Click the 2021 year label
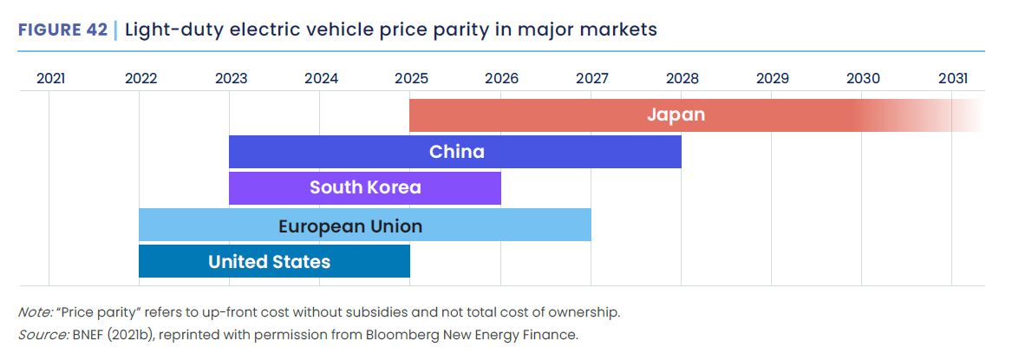(x=51, y=78)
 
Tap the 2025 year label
(x=412, y=78)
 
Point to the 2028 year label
(x=682, y=78)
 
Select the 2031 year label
(x=953, y=78)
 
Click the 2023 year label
(x=232, y=78)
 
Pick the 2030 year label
(x=863, y=78)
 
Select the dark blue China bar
(x=455, y=152)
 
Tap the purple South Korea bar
(x=364, y=187)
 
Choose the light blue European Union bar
(x=364, y=226)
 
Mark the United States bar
(x=274, y=262)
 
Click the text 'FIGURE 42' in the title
(x=62, y=29)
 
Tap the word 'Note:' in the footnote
(x=34, y=312)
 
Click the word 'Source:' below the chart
(x=41, y=334)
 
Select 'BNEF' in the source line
(x=88, y=334)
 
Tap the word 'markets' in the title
(x=619, y=29)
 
